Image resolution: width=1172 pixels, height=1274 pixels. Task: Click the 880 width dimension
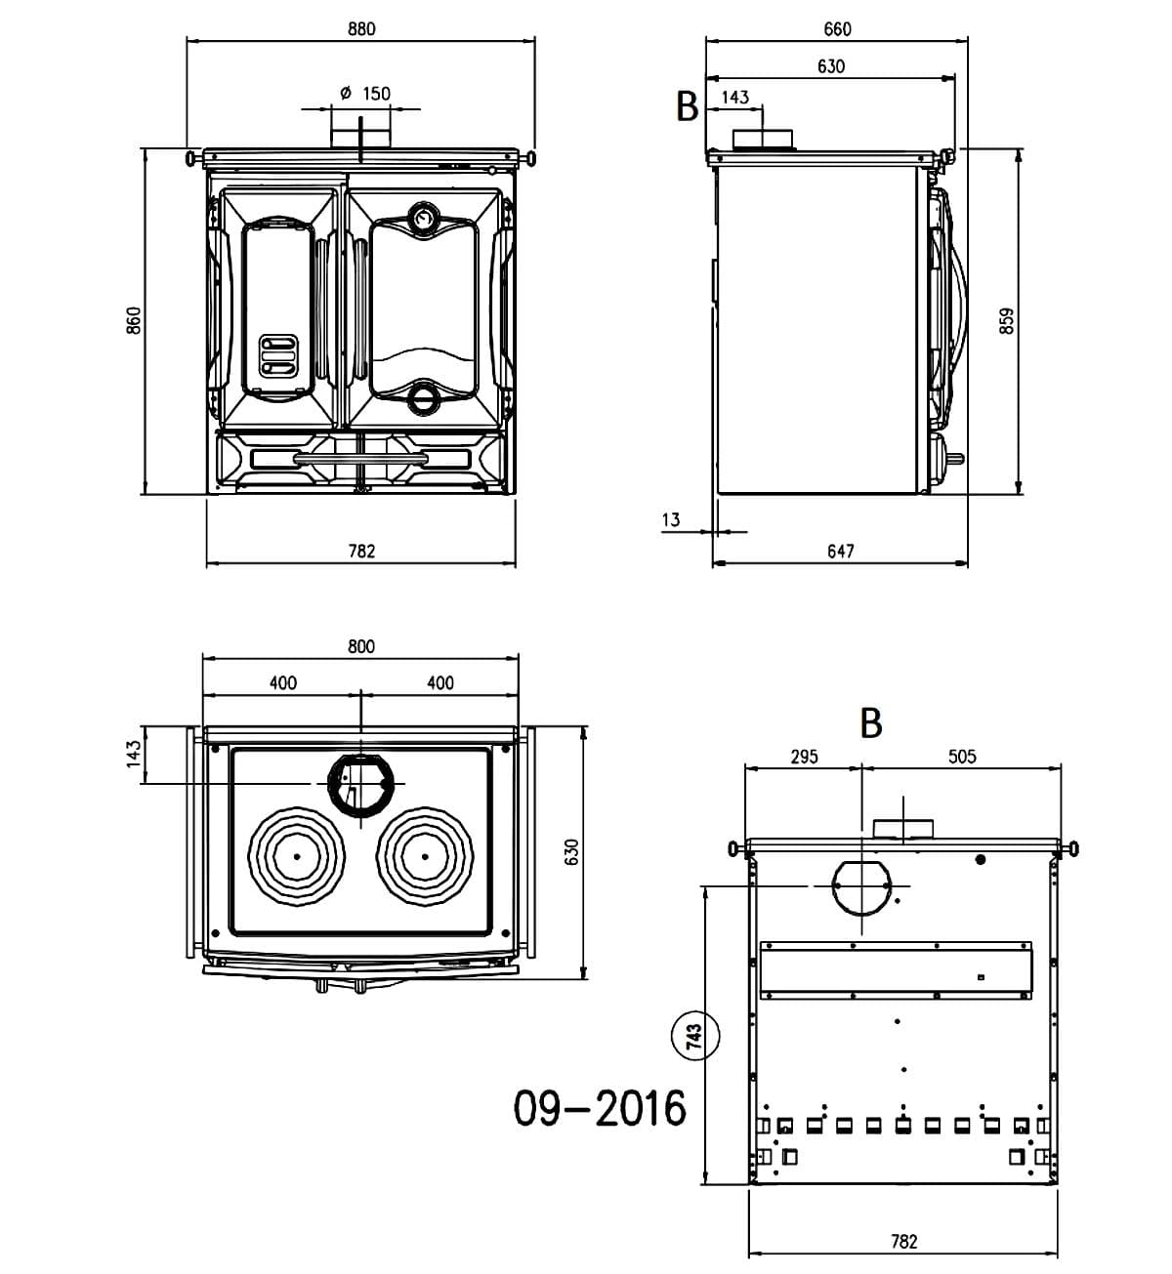coord(361,29)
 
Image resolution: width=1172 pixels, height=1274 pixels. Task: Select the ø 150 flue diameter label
coord(364,94)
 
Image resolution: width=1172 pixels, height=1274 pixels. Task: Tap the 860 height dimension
coord(135,320)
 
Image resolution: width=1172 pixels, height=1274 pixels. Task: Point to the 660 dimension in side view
coord(837,29)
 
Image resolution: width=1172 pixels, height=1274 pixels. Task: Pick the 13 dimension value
coord(670,519)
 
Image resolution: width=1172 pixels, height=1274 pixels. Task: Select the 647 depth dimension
coord(840,551)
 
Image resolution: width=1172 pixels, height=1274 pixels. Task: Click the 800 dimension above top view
coord(360,646)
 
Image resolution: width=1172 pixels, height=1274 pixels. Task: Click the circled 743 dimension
coord(694,1034)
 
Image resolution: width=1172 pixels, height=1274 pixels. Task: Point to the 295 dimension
coord(803,757)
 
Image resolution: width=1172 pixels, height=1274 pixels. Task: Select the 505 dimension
coord(962,757)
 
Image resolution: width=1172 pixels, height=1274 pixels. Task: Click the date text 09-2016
coord(601,1108)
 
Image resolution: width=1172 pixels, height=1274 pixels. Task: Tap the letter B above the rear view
coord(871,723)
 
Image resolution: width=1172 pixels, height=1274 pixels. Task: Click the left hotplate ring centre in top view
coord(296,856)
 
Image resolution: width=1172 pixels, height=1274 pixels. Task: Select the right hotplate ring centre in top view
coord(426,856)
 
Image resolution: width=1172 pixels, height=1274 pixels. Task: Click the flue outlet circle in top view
coord(360,784)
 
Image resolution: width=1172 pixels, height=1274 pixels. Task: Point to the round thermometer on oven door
coord(423,217)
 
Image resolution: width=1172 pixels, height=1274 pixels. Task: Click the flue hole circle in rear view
coord(861,885)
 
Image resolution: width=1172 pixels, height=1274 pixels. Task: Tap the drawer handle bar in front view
coord(360,457)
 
